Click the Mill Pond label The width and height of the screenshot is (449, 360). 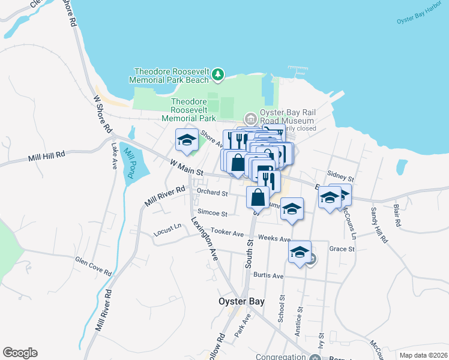(128, 161)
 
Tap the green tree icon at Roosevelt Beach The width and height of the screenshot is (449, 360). (218, 75)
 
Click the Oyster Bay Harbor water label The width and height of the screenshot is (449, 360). (420, 16)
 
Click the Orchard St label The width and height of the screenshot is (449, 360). (212, 193)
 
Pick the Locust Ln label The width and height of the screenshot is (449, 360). (167, 228)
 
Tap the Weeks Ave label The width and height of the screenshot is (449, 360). (274, 238)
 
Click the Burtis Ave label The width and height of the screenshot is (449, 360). (268, 275)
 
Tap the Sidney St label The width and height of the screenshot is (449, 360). (340, 178)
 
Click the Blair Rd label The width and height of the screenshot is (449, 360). (396, 215)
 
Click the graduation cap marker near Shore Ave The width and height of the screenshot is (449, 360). (187, 140)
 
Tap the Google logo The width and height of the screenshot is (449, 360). (20, 353)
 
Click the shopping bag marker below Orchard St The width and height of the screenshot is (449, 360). (258, 196)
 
